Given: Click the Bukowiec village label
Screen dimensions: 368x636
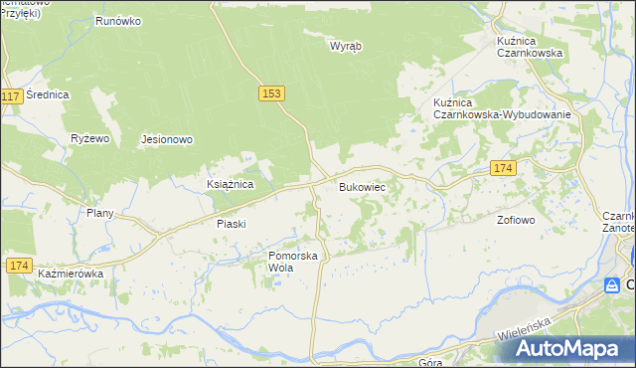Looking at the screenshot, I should click(x=362, y=187).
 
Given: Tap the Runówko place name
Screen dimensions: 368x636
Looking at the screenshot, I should click(x=118, y=20).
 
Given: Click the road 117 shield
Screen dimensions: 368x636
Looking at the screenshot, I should click(x=11, y=96).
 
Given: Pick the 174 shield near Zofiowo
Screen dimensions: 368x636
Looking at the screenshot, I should click(x=502, y=170).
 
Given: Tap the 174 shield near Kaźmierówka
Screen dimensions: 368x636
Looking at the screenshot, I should click(x=18, y=265).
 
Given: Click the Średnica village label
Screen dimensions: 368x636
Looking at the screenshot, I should click(x=47, y=94).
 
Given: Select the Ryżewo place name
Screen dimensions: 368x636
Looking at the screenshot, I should click(x=89, y=139).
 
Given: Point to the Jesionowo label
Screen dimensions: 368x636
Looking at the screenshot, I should click(x=166, y=140).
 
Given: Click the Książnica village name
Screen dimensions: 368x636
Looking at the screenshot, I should click(x=230, y=185).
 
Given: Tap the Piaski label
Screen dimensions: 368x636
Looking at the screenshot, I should click(x=231, y=224).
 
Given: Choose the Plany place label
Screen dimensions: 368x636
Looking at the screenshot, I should click(x=100, y=213).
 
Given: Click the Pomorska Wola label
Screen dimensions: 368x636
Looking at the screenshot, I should click(x=292, y=263).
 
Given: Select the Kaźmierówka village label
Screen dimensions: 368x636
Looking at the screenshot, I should click(x=71, y=273).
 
